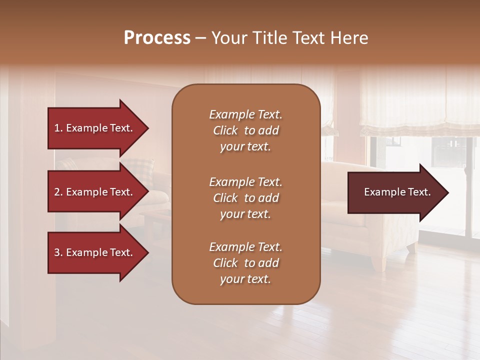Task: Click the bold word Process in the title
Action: click(x=157, y=38)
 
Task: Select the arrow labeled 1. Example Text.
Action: click(x=95, y=128)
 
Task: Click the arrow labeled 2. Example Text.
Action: click(x=95, y=192)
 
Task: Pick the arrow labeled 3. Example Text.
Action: click(x=95, y=252)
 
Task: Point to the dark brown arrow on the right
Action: click(x=395, y=192)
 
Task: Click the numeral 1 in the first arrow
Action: click(x=57, y=128)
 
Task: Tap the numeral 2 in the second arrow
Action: click(x=57, y=192)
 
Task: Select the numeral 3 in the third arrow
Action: click(x=57, y=252)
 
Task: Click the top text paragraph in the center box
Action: click(x=245, y=130)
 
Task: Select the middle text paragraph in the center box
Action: click(x=245, y=197)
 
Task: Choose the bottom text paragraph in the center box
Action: click(x=245, y=263)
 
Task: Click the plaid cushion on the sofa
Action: click(x=140, y=171)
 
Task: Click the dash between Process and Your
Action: click(x=201, y=38)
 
